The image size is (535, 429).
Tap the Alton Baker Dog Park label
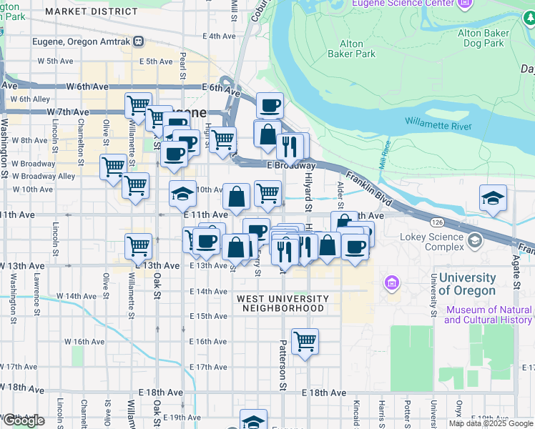click(483, 37)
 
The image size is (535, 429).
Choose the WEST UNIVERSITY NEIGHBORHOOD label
click(283, 303)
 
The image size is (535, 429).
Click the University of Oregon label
click(467, 284)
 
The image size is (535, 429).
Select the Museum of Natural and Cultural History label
click(489, 315)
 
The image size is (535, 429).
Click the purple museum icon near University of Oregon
click(391, 282)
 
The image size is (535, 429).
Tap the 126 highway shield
click(436, 222)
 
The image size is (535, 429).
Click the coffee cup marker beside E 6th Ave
click(270, 107)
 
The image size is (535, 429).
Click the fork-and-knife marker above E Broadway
click(290, 146)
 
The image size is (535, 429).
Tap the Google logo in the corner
click(24, 420)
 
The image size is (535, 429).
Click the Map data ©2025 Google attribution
click(491, 423)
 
